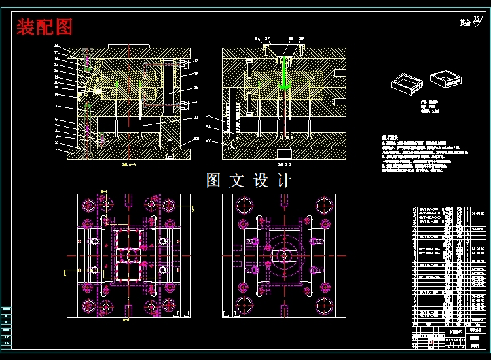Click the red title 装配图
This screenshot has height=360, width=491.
point(45,27)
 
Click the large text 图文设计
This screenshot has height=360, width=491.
point(249,181)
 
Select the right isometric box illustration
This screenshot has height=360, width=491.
point(446,79)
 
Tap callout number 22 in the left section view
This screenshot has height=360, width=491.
point(196,139)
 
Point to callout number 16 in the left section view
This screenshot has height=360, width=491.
point(56,46)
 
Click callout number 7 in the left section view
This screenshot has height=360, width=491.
point(56,106)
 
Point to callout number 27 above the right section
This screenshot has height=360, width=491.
point(267,39)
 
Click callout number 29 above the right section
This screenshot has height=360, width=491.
point(302,39)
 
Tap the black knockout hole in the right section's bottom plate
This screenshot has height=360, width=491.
point(283,154)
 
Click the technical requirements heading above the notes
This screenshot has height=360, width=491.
point(391,139)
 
